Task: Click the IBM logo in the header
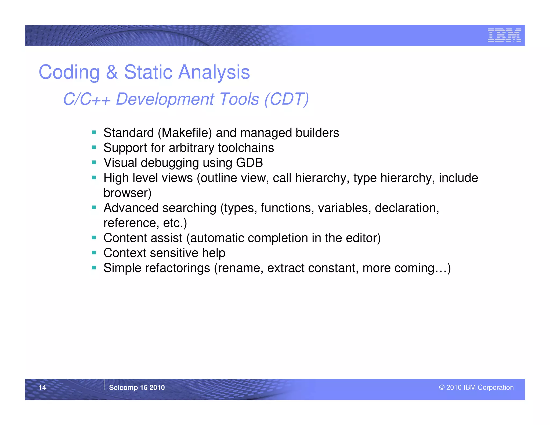point(504,35)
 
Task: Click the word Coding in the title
point(69,72)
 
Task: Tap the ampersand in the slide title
point(112,72)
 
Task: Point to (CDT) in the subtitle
point(287,99)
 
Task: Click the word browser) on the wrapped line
point(127,193)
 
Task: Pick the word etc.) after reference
point(175,223)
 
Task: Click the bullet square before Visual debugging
point(94,162)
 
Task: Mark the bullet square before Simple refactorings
point(94,268)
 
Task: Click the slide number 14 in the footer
point(42,387)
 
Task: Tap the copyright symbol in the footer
point(442,387)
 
